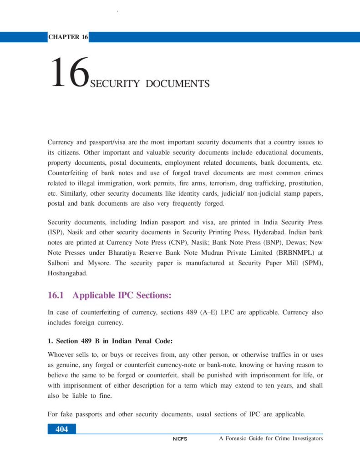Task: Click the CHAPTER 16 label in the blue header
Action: (x=68, y=37)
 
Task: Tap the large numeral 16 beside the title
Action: (x=69, y=72)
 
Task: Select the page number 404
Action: (x=61, y=429)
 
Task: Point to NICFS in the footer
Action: (x=180, y=439)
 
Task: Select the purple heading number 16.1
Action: (x=57, y=296)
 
